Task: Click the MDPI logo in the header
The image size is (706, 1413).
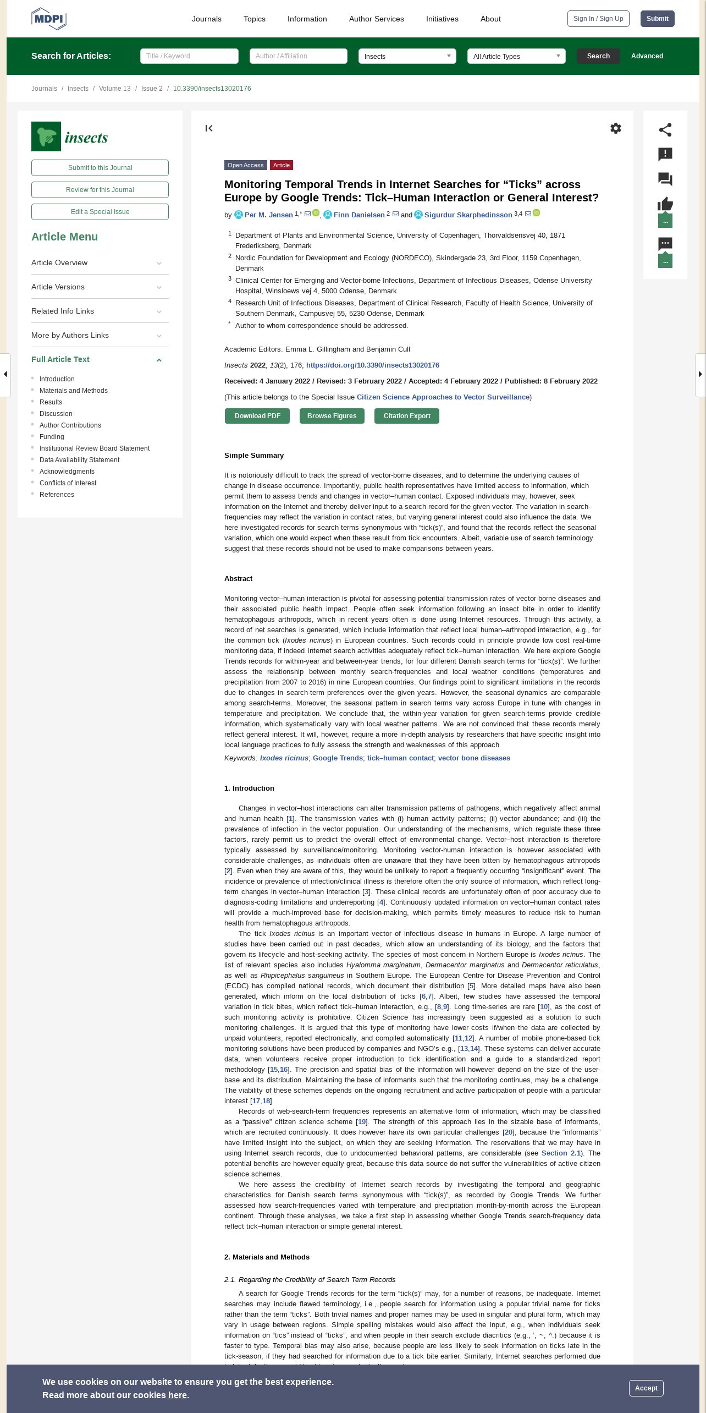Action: (49, 19)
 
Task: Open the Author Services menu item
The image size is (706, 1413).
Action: (376, 19)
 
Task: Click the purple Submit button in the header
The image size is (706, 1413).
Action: (657, 19)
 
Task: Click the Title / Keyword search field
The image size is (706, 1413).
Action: (189, 56)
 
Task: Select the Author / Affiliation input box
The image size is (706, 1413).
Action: (298, 56)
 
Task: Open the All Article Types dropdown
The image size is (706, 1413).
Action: (516, 56)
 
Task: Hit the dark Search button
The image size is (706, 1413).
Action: (598, 56)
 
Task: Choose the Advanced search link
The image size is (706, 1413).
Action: (647, 56)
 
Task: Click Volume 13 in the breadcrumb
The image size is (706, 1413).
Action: (114, 89)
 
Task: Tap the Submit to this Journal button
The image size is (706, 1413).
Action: (100, 168)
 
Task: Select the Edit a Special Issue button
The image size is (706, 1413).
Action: (100, 212)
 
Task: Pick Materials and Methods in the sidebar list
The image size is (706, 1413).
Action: (74, 391)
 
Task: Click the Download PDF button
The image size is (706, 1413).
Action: (257, 416)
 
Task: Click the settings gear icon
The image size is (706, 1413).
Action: (616, 128)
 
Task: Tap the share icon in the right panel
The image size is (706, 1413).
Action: (665, 130)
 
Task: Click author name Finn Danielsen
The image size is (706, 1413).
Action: (359, 215)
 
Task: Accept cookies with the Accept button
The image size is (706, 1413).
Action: (646, 1388)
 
